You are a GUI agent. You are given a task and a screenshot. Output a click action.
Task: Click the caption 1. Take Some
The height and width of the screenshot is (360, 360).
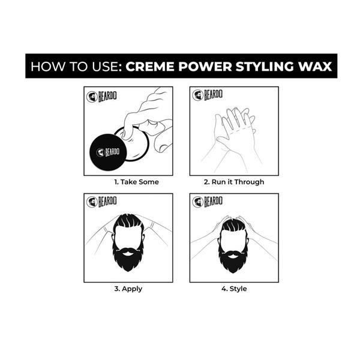[137, 182]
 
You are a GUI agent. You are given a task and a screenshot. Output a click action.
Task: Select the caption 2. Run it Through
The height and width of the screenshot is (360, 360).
[234, 182]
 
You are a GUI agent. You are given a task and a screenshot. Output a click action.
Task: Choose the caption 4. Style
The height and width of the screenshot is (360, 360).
[234, 289]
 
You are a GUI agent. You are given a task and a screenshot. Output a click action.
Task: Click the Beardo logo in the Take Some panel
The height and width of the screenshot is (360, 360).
[99, 97]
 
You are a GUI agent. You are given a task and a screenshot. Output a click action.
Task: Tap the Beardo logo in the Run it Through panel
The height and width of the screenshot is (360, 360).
[206, 96]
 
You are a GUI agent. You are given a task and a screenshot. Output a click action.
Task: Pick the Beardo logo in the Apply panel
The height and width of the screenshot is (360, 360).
[99, 202]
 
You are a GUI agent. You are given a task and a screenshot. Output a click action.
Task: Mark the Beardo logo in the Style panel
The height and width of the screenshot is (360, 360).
[206, 202]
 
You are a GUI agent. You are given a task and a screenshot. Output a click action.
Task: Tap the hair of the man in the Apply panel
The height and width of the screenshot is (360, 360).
[128, 224]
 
